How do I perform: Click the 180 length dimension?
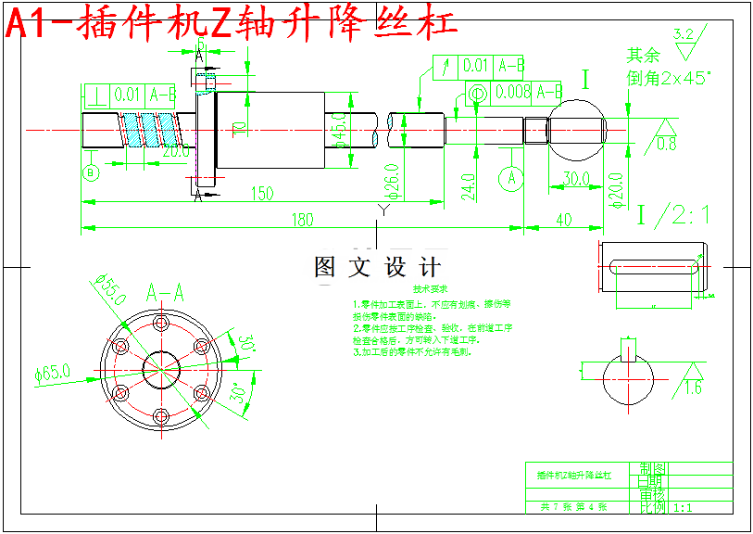(303, 220)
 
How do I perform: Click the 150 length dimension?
(263, 193)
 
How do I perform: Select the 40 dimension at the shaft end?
(562, 220)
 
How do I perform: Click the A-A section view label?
(166, 293)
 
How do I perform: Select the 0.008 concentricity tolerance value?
(512, 92)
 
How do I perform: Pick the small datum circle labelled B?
(91, 173)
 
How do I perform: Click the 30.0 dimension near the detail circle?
(575, 178)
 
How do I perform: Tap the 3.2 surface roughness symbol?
(684, 34)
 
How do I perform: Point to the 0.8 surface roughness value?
(666, 145)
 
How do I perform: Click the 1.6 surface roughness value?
(693, 388)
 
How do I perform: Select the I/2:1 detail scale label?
(672, 216)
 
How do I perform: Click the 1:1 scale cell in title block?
(684, 508)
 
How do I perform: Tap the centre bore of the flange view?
(161, 368)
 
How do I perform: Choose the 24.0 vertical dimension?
(468, 186)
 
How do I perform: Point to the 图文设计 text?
(377, 268)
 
